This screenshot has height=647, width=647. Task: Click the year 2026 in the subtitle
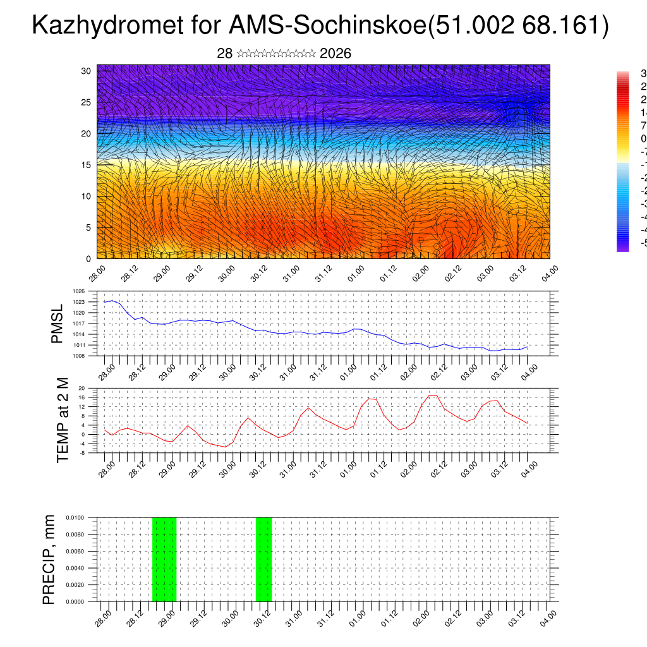point(336,54)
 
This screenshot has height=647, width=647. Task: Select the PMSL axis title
point(57,323)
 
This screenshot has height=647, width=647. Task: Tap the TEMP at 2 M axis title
point(63,420)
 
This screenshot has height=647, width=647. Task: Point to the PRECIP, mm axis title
point(49,559)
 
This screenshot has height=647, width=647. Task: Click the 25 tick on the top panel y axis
point(87,102)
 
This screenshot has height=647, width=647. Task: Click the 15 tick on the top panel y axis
point(87,164)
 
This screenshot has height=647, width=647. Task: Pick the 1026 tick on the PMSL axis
point(78,291)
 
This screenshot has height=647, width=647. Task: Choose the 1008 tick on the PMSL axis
point(78,356)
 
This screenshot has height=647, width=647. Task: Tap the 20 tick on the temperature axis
point(82,388)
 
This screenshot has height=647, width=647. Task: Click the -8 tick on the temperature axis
point(82,452)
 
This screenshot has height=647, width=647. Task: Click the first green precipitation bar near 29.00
point(164,559)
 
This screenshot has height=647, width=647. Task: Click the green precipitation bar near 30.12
point(263,559)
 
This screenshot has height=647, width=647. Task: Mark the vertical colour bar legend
point(622,161)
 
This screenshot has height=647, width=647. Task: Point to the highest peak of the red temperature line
point(433,395)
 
